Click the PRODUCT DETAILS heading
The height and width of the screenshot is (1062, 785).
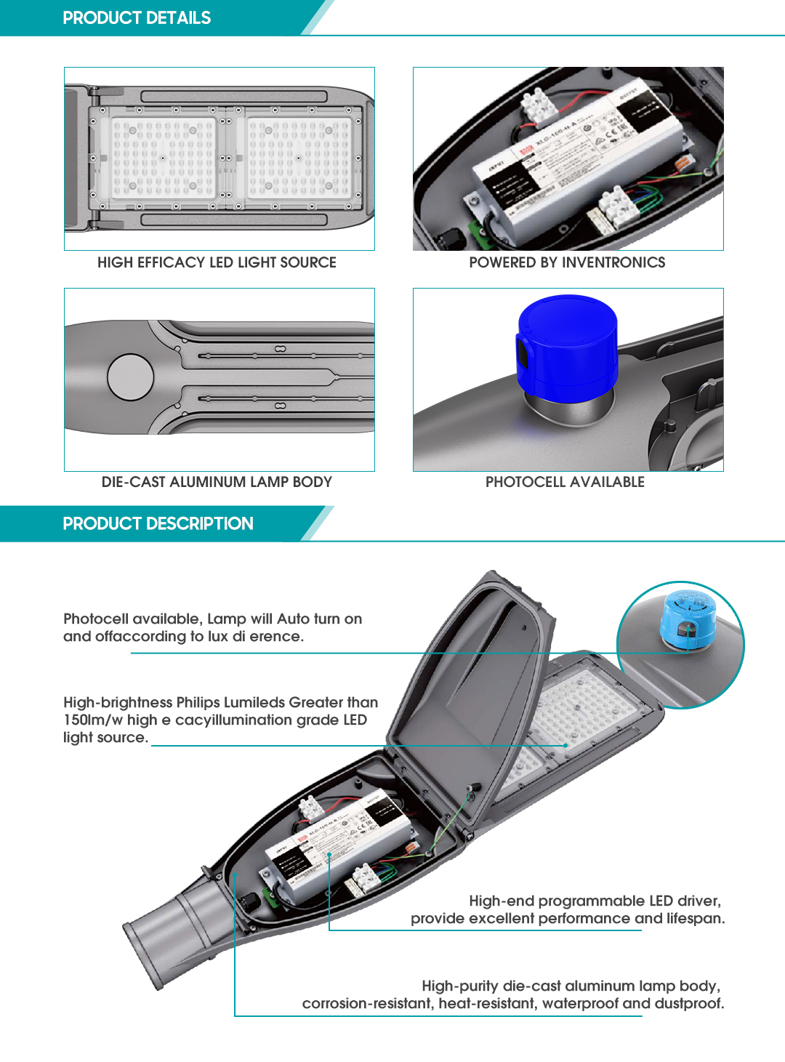(x=137, y=18)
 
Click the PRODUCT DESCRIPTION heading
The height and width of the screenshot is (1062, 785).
(x=158, y=524)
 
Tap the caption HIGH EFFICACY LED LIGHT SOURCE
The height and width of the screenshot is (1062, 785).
(x=217, y=262)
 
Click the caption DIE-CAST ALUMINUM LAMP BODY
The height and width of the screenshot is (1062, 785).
(x=217, y=482)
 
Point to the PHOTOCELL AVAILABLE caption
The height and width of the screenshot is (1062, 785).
(x=565, y=482)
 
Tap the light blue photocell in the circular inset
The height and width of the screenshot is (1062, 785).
(x=687, y=619)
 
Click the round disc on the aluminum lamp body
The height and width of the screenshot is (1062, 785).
(x=131, y=377)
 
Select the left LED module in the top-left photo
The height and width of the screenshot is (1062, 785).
(x=162, y=158)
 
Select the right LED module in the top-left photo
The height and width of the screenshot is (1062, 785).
(x=299, y=158)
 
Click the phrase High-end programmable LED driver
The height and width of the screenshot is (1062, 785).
(x=595, y=901)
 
